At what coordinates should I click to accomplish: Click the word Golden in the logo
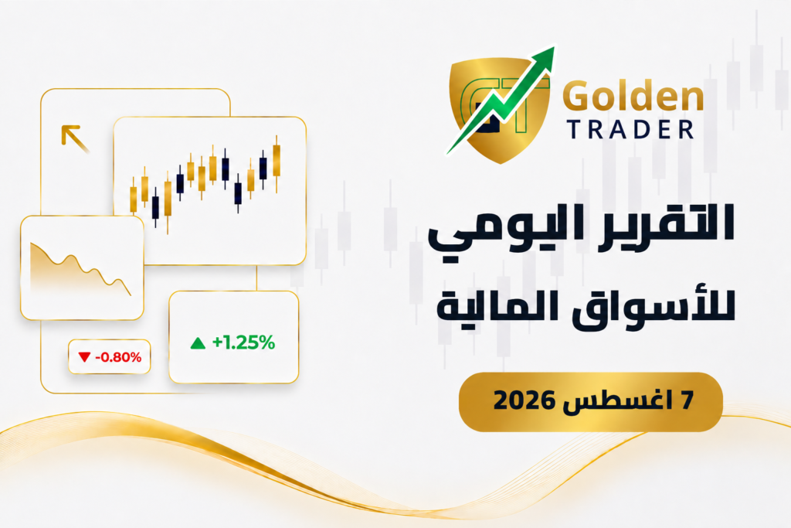pos(633,96)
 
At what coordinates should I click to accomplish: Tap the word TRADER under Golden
pos(630,130)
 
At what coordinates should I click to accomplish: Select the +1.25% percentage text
pos(243,342)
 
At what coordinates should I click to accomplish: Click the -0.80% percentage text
pos(118,357)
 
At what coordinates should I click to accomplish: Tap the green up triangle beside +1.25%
pos(198,343)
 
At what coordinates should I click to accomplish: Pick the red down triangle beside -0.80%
pos(84,357)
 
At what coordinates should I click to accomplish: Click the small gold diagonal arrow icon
pos(75,138)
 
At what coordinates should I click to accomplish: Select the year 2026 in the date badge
pos(524,400)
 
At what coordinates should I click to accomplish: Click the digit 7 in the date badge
pos(687,400)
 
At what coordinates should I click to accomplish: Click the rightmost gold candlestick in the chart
pos(277,162)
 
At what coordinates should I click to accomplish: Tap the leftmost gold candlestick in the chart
pos(133,198)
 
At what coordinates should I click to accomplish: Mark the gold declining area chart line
pos(80,267)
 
